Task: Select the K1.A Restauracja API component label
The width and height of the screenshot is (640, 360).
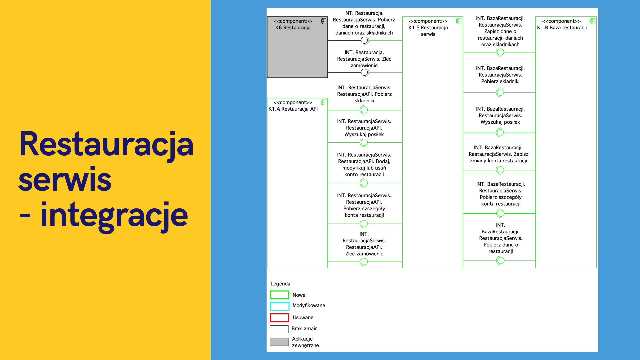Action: point(293,106)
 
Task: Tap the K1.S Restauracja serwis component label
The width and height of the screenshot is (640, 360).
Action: point(428,28)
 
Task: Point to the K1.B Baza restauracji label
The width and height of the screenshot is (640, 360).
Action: point(562,24)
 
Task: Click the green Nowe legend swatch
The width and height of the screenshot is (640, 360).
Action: point(279,295)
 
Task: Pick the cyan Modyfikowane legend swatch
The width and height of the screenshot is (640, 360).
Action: point(279,306)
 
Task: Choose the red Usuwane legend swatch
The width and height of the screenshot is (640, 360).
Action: point(279,317)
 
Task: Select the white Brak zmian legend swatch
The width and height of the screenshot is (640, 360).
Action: point(279,329)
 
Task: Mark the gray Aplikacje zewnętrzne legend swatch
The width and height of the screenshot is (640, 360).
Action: point(279,342)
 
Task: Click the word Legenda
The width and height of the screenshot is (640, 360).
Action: point(280,284)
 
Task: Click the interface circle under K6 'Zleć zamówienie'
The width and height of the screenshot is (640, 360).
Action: point(364,72)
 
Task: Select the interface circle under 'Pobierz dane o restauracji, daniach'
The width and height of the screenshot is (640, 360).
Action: point(364,40)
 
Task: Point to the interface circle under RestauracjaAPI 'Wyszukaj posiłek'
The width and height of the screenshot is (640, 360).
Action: point(364,142)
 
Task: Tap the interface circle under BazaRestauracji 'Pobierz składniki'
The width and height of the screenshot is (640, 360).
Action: point(500,92)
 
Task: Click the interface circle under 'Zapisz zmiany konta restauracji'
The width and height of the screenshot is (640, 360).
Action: point(500,170)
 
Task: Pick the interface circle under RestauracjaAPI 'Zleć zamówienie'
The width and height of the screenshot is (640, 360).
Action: point(364,262)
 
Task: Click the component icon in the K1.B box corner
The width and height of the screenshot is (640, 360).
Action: point(592,21)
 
